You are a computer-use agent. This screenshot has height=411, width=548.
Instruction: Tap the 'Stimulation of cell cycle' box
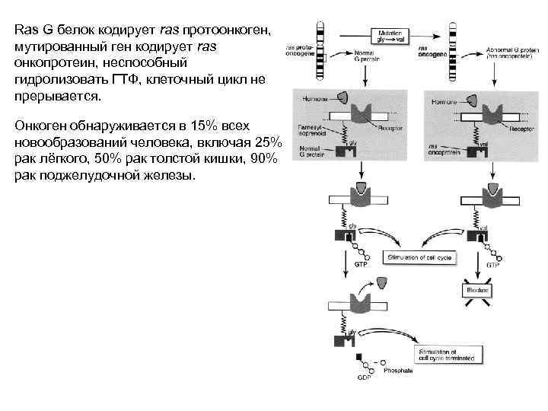tap(419, 258)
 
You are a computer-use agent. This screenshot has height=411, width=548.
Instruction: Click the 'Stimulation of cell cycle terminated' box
tap(447, 354)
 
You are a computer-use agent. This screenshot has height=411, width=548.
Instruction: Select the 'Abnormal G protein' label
tap(510, 51)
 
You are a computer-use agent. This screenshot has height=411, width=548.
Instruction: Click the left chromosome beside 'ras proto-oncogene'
tap(320, 46)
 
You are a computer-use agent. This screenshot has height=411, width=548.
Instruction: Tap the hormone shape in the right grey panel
tap(475, 99)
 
